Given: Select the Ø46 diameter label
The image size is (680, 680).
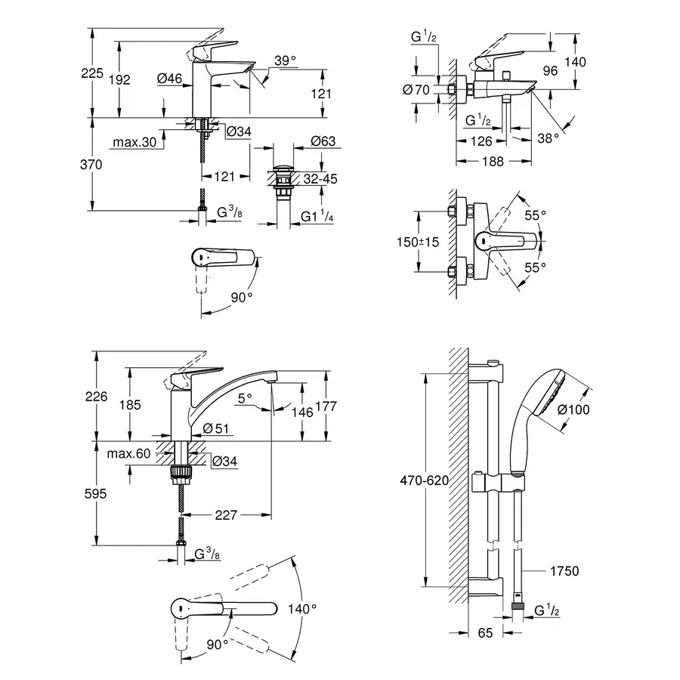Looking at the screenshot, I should tap(171, 77).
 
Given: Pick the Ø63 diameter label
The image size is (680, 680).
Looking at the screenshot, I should tap(323, 142).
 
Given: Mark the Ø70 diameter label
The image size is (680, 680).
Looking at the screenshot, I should tap(417, 90).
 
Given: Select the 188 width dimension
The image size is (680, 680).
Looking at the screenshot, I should tap(493, 160).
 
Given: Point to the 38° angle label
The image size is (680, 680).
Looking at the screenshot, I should tap(549, 138).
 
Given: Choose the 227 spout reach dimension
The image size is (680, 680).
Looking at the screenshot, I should tap(226, 515).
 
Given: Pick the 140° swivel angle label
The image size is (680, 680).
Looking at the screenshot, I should tap(301, 607).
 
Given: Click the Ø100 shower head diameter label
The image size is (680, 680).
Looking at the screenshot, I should tap(595, 410).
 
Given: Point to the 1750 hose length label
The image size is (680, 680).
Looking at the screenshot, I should tap(565, 571).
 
